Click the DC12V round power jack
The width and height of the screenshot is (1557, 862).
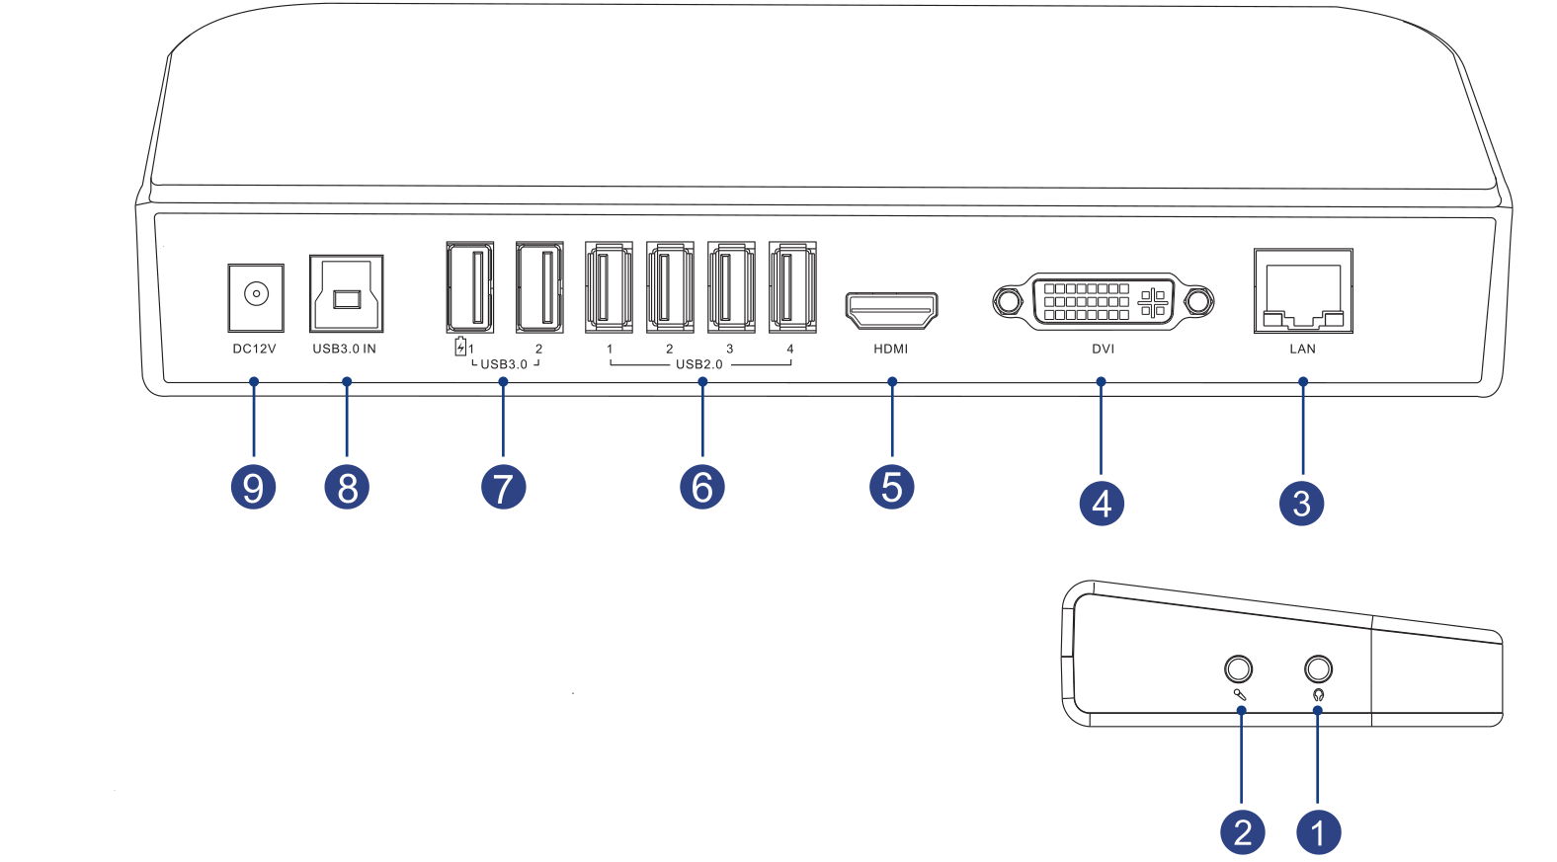point(256,295)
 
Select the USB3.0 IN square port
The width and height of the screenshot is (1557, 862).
point(346,295)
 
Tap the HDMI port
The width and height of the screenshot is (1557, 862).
point(891,310)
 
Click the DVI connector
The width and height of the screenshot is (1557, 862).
point(1103,301)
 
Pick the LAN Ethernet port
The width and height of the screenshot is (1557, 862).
point(1303,292)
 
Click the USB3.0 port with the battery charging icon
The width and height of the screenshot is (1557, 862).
point(469,287)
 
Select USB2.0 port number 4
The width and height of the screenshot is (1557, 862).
point(792,287)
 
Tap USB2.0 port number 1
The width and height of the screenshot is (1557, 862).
point(609,287)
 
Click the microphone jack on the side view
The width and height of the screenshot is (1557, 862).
point(1238,669)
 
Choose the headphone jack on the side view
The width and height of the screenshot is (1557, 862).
point(1318,669)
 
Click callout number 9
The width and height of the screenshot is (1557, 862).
point(253,488)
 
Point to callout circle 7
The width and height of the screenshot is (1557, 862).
point(503,488)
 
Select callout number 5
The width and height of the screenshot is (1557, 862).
point(891,488)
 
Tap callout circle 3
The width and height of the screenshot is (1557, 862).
point(1301,504)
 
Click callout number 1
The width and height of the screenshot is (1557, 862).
point(1318,832)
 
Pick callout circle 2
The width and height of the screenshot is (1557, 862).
point(1242,832)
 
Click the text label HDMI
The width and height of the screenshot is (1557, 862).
point(890,349)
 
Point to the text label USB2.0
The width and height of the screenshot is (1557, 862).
point(698,364)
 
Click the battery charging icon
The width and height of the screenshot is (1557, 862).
point(460,347)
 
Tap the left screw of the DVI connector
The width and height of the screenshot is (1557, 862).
point(1008,301)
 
